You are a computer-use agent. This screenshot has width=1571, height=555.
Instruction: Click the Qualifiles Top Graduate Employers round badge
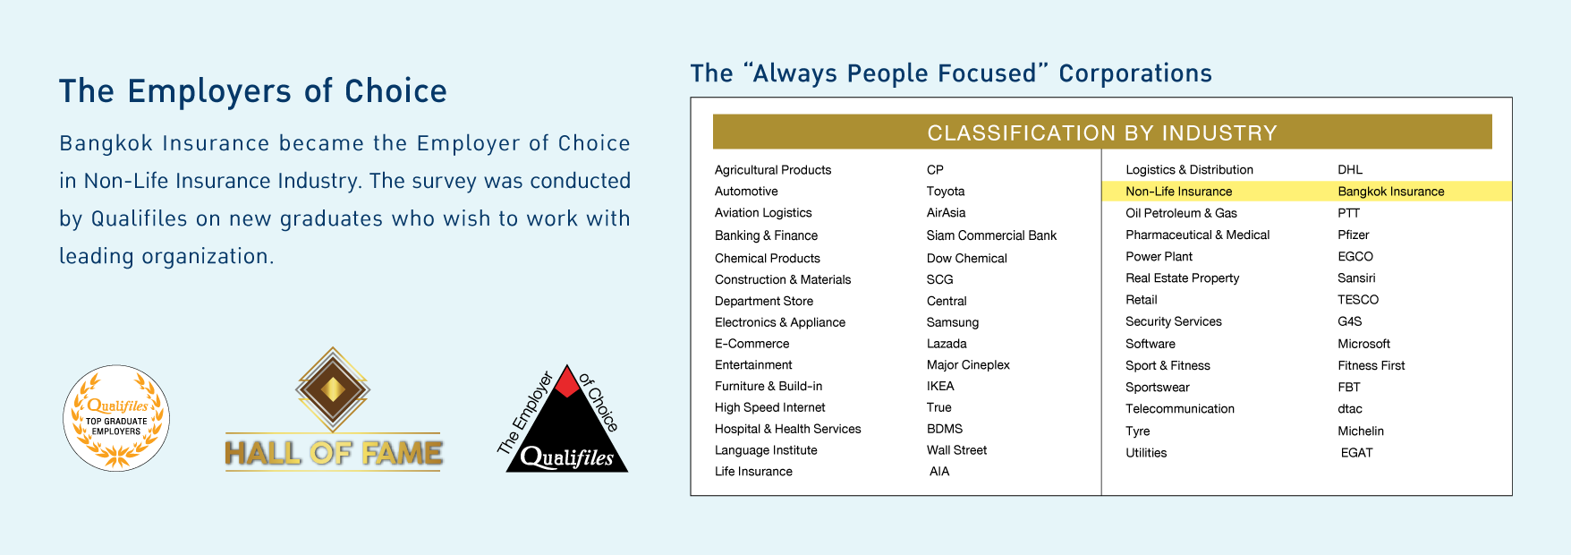point(116,417)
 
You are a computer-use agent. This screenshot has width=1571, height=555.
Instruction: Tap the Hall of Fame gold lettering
point(334,453)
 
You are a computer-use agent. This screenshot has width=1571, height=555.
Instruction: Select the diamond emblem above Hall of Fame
point(333,389)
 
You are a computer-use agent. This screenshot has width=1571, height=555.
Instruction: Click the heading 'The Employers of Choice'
point(253,91)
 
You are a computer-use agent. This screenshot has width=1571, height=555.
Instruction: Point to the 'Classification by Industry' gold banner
point(1102,132)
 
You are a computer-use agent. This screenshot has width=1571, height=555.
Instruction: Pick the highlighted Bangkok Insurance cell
point(1391,192)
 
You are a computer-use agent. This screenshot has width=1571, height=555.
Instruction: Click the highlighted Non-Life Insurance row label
point(1178,192)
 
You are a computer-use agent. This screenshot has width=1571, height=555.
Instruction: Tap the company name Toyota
point(946,192)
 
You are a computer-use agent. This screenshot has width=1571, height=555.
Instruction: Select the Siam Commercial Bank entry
point(991,235)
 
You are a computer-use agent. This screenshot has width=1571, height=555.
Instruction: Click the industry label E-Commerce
point(752,344)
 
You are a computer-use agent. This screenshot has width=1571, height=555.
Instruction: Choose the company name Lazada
point(947,344)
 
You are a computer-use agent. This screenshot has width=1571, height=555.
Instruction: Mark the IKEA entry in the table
point(940,387)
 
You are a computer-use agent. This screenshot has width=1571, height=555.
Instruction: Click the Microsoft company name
point(1363,344)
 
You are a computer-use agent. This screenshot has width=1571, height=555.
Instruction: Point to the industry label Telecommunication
point(1180,409)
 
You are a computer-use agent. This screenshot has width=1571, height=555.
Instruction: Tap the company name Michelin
point(1361,431)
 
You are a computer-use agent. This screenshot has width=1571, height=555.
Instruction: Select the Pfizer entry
point(1354,235)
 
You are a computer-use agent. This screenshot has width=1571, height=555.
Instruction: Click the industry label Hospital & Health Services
point(787,430)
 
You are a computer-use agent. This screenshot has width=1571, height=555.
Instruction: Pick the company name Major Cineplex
point(968,365)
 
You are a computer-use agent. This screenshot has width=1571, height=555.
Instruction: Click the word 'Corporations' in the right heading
point(1135,73)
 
